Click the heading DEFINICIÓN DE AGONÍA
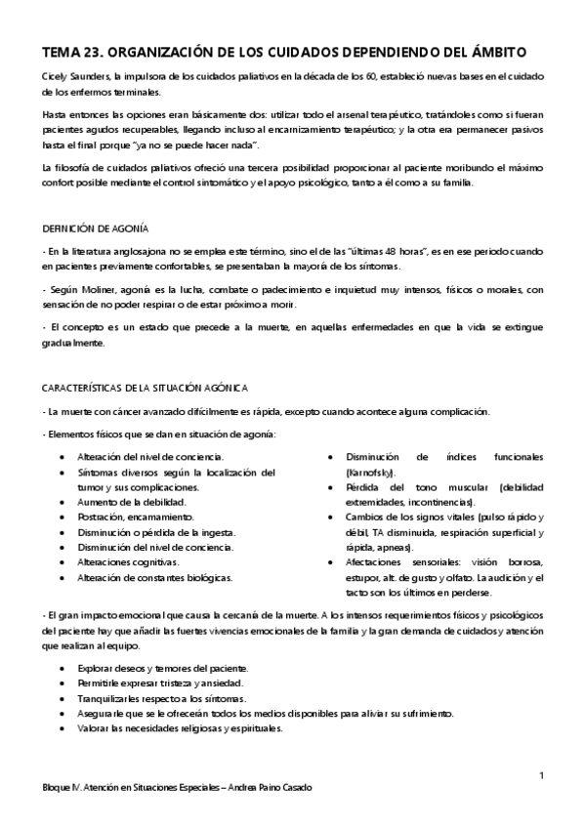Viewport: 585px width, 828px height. [x=95, y=229]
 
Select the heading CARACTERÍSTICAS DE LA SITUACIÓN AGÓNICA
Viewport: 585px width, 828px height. [x=144, y=388]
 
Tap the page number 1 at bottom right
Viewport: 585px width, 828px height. [x=540, y=775]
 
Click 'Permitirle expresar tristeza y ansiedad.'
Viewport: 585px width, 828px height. [x=160, y=683]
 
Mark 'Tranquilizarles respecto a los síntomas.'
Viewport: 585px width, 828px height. [x=160, y=699]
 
